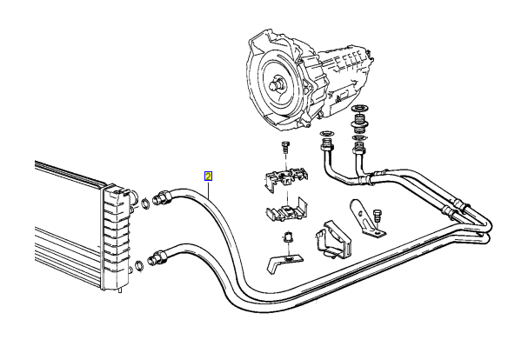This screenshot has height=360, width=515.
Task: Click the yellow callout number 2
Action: (209, 176)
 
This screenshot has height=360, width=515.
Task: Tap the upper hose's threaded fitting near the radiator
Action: (161, 197)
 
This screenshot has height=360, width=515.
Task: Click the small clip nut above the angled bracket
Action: (285, 239)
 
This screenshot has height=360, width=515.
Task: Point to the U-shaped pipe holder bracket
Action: (331, 239)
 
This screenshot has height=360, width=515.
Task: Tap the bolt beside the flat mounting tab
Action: (378, 215)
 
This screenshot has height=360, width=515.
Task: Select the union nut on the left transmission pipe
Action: (328, 148)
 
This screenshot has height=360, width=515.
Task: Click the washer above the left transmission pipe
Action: (327, 134)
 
